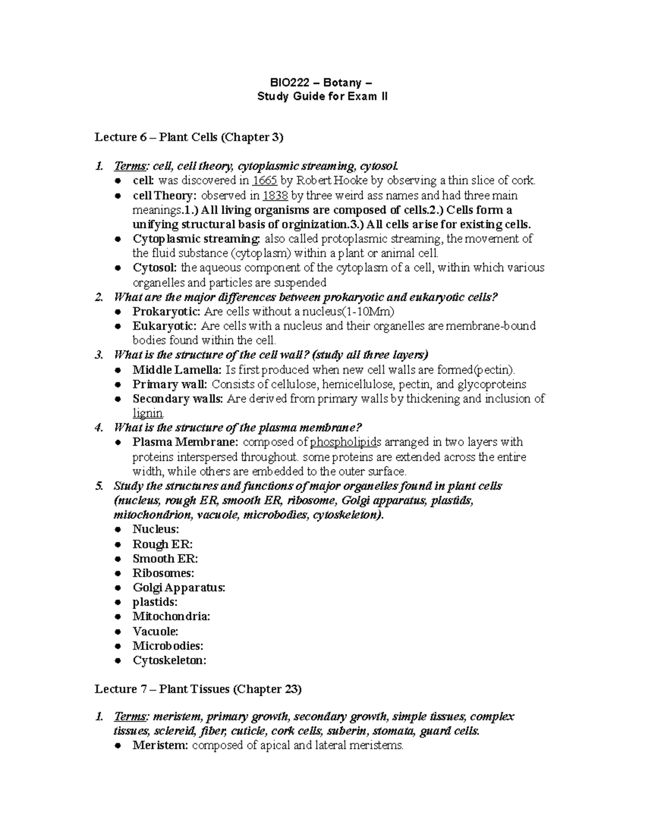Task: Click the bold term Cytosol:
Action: pyautogui.click(x=155, y=268)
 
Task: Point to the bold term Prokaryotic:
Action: pyautogui.click(x=167, y=311)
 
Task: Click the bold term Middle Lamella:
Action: pyautogui.click(x=176, y=370)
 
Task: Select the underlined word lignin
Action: pyautogui.click(x=148, y=414)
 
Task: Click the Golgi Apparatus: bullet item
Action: pyautogui.click(x=178, y=588)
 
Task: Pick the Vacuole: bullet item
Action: pyautogui.click(x=155, y=632)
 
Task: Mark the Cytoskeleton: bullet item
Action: pyautogui.click(x=169, y=661)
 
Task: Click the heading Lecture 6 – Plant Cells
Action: pyautogui.click(x=189, y=137)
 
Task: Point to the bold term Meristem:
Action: pyautogui.click(x=160, y=745)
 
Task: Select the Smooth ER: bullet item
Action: pyautogui.click(x=165, y=559)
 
